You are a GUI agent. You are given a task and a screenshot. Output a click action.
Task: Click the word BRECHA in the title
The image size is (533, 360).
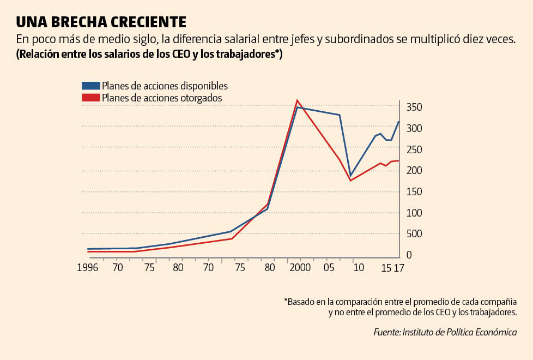click(x=78, y=22)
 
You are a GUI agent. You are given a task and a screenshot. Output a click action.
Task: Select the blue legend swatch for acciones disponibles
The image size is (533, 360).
click(x=90, y=86)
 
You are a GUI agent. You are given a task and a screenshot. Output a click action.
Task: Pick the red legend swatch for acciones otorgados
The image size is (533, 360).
click(x=90, y=98)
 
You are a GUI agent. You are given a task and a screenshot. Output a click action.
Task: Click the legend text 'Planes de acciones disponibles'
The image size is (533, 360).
click(x=165, y=86)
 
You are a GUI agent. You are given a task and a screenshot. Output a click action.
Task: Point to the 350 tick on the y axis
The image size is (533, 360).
click(x=414, y=107)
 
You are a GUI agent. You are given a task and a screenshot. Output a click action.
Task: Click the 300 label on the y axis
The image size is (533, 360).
click(x=414, y=128)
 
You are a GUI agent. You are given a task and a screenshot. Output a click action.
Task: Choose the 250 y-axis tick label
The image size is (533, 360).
click(x=414, y=149)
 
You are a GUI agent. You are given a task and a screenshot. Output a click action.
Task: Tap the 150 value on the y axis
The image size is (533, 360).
click(x=414, y=191)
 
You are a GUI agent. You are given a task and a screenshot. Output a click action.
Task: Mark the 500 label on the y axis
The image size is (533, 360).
click(x=414, y=234)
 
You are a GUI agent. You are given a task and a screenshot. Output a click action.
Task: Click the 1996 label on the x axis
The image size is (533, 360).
click(x=88, y=268)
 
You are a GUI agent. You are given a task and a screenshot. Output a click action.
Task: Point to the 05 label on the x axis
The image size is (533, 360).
click(x=329, y=268)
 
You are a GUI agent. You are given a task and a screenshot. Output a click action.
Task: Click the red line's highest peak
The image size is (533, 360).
click(x=296, y=100)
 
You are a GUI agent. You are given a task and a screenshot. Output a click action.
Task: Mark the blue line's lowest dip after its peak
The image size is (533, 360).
click(x=350, y=175)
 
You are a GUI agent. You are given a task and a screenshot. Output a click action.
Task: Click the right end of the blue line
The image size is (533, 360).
click(x=399, y=122)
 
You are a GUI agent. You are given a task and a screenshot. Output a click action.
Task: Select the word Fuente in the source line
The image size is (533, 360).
click(x=386, y=332)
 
